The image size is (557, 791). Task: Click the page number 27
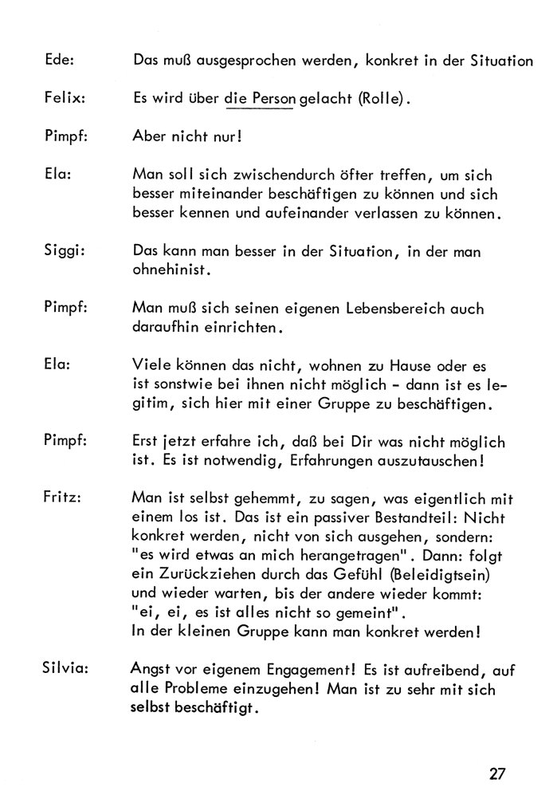[x=499, y=773]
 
